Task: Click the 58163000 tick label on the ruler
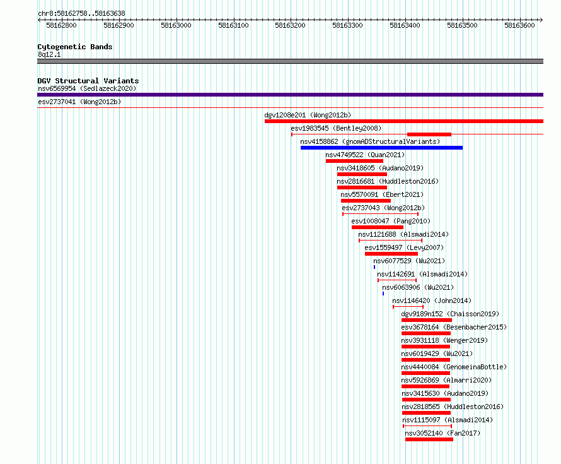click(176, 25)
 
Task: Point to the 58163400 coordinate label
click(405, 25)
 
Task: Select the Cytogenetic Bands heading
click(75, 47)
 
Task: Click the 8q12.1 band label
click(49, 54)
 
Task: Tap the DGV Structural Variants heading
click(88, 81)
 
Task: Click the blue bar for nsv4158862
click(381, 148)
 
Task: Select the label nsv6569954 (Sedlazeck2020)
click(87, 88)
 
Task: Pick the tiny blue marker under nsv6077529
click(374, 267)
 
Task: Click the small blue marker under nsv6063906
click(383, 294)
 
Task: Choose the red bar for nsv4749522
click(354, 161)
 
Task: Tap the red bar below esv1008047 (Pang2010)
click(378, 227)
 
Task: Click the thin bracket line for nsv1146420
click(408, 307)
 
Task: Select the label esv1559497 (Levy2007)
click(404, 247)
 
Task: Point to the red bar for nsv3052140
click(429, 439)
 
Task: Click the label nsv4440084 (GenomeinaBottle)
click(454, 367)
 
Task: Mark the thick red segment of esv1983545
click(429, 134)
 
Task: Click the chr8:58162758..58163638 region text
click(81, 14)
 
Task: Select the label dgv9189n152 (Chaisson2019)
click(450, 314)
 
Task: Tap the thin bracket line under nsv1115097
click(427, 426)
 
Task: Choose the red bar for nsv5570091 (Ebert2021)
click(366, 201)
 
